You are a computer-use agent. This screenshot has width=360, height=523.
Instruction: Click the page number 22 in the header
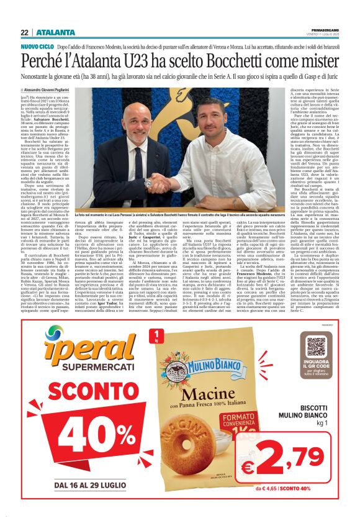click(x=24, y=32)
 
